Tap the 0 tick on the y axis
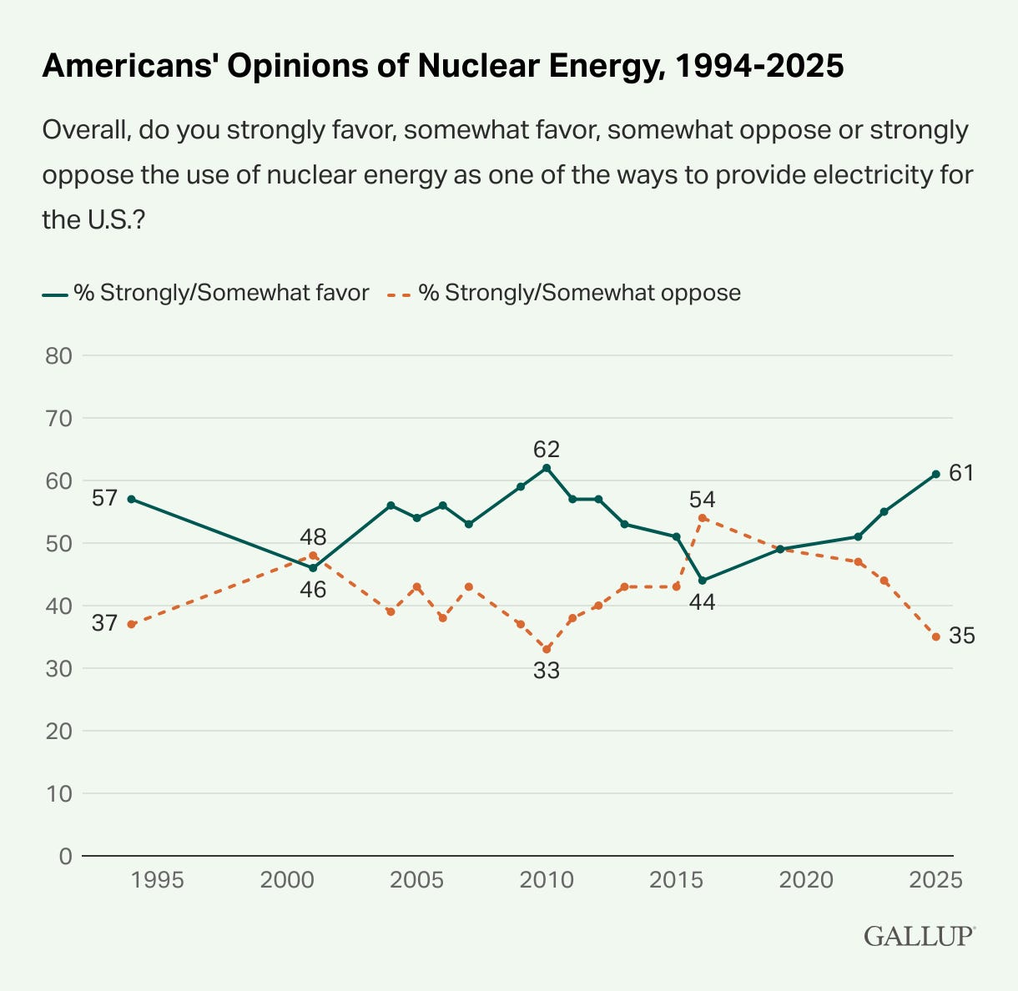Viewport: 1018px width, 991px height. pyautogui.click(x=66, y=856)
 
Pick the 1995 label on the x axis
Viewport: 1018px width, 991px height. pyautogui.click(x=158, y=881)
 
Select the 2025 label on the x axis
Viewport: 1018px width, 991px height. pyautogui.click(x=935, y=881)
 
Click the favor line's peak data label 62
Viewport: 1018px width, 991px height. pyautogui.click(x=547, y=450)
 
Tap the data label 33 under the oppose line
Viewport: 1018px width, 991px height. pyautogui.click(x=547, y=670)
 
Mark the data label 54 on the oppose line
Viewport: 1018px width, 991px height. pyautogui.click(x=703, y=500)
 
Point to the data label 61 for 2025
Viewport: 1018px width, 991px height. pyautogui.click(x=962, y=473)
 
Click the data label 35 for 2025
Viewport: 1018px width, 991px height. pyautogui.click(x=962, y=636)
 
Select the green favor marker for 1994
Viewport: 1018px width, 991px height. pyautogui.click(x=132, y=499)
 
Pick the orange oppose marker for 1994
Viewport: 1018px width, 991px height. pyautogui.click(x=132, y=624)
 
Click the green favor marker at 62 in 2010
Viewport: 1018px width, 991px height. pyautogui.click(x=547, y=468)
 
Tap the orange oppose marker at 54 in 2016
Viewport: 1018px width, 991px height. pyautogui.click(x=703, y=518)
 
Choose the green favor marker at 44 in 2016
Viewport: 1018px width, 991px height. pyautogui.click(x=703, y=581)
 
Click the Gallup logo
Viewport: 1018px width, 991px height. pyautogui.click(x=918, y=936)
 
